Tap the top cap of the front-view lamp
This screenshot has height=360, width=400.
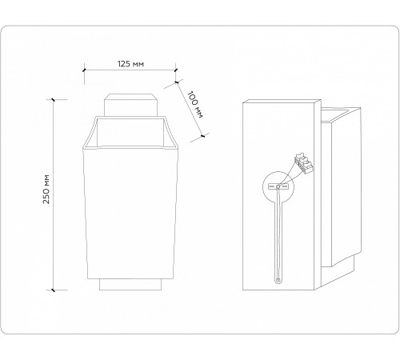pos(130,106)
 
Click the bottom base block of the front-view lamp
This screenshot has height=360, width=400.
pos(130,283)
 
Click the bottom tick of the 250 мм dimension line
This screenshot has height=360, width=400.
pos(54,289)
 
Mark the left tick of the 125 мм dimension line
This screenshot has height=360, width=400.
pos(85,70)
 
